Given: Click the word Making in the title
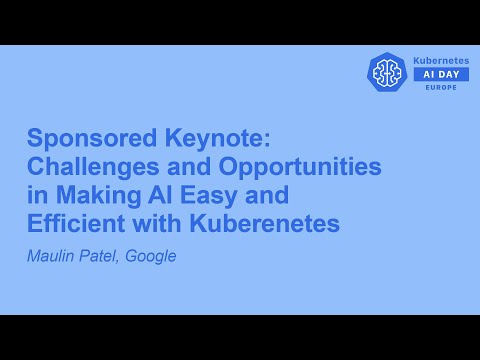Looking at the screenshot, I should click(91, 195).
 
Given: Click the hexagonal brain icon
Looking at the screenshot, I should click(387, 73).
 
